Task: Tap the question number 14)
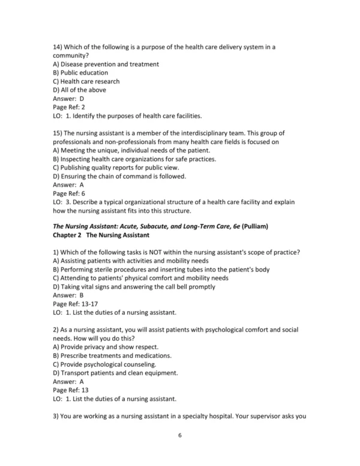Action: coord(59,46)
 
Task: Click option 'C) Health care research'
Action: coord(86,81)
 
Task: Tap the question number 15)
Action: coord(59,133)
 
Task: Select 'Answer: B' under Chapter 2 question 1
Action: coord(68,295)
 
